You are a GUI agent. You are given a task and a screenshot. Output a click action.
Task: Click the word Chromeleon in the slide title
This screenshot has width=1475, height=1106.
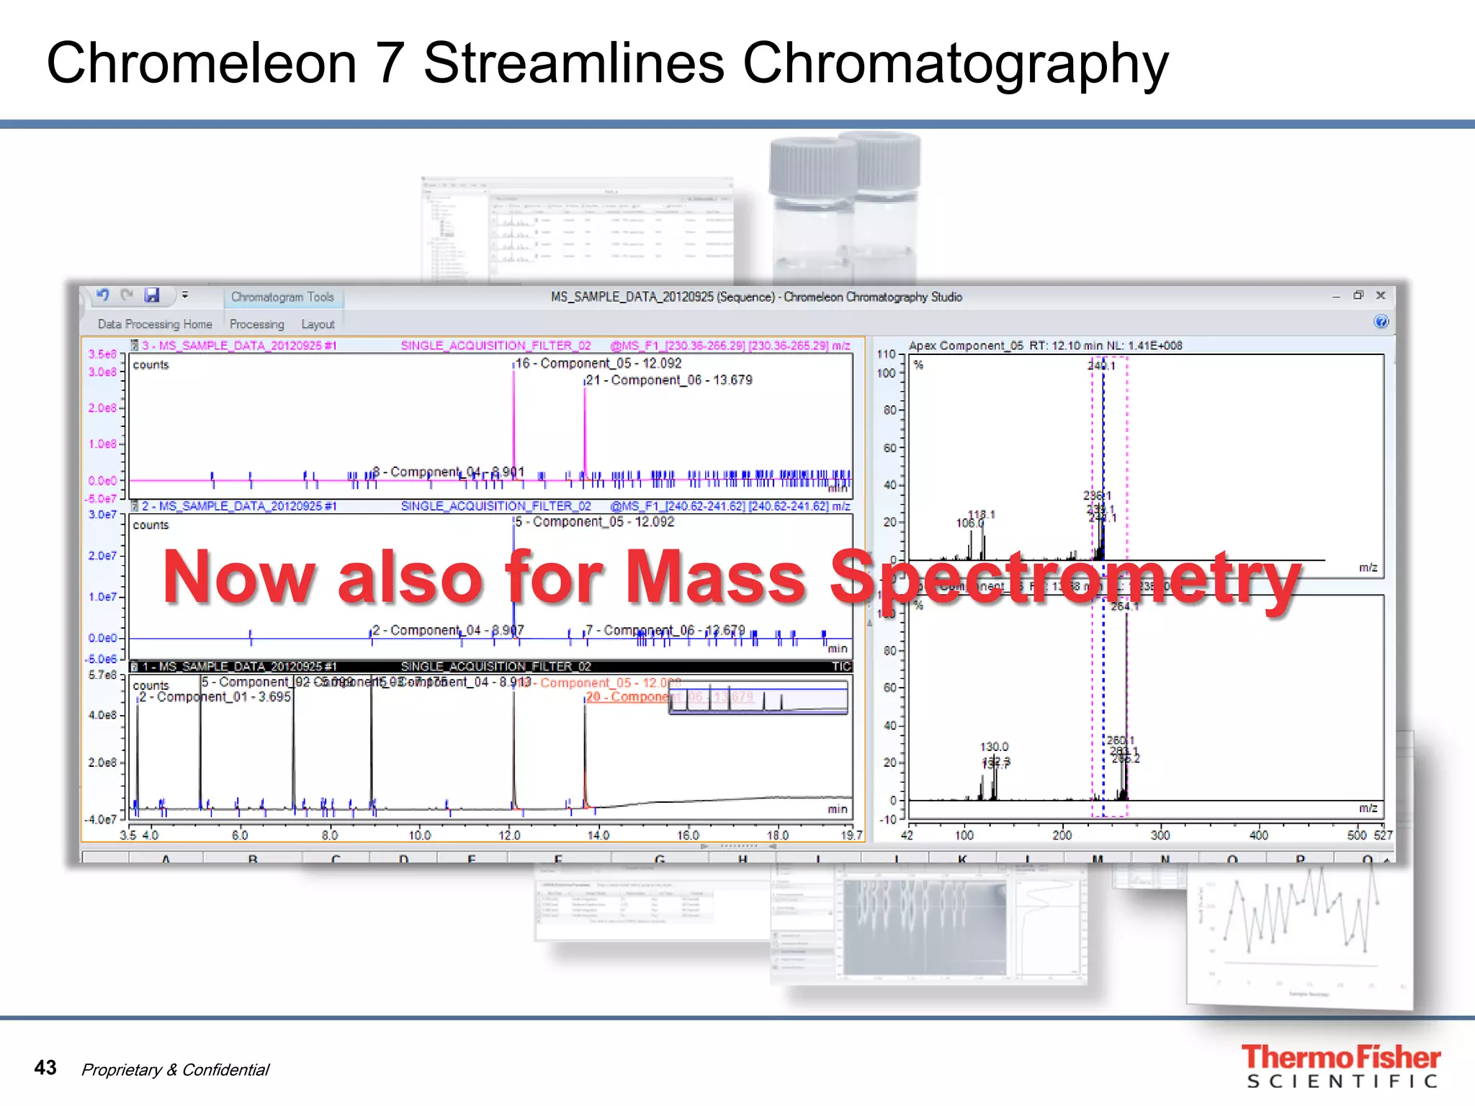pos(201,63)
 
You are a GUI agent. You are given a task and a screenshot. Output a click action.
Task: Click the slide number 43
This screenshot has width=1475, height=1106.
pos(45,1067)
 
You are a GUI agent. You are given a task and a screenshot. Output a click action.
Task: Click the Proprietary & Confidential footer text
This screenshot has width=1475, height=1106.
pos(175,1070)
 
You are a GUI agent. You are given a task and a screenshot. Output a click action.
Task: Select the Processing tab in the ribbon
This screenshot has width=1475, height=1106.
pos(256,324)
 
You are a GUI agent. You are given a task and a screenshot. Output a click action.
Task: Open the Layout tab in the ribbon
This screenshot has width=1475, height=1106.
pos(318,324)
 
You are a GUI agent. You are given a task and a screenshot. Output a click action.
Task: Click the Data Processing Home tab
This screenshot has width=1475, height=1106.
pos(155,324)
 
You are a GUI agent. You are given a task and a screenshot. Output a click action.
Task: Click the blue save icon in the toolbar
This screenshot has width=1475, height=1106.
pos(151,295)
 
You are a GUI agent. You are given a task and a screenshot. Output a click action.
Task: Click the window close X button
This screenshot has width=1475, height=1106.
pos(1381,295)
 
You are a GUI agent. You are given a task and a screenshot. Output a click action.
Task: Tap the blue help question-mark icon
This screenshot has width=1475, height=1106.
pos(1381,322)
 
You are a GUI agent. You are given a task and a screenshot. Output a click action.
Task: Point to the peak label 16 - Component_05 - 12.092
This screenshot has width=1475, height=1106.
pos(598,364)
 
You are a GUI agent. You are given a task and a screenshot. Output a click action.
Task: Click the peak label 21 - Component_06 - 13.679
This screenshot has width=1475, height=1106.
pos(669,380)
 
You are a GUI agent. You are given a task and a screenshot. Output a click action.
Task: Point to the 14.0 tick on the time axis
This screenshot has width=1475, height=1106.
pos(598,835)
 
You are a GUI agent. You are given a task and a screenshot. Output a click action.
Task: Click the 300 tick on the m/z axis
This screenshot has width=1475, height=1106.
pos(1160,835)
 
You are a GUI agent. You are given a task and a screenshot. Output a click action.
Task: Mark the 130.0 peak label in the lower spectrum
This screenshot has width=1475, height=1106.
pos(994,747)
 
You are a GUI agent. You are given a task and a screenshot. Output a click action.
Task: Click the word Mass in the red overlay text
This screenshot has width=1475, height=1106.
pos(715,577)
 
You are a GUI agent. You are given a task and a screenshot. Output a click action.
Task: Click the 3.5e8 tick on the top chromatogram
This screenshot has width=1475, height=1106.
pos(102,354)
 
